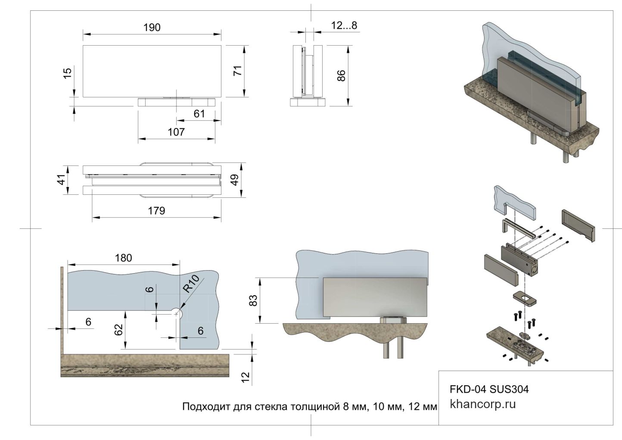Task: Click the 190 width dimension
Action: pyautogui.click(x=152, y=28)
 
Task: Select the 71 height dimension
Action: pyautogui.click(x=238, y=70)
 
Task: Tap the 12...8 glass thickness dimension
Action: pyautogui.click(x=344, y=25)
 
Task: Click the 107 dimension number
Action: pyautogui.click(x=176, y=132)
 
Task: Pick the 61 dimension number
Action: pyautogui.click(x=199, y=114)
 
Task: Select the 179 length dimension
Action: pyautogui.click(x=156, y=211)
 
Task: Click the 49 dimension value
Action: pyautogui.click(x=235, y=180)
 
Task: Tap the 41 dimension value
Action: pyautogui.click(x=63, y=179)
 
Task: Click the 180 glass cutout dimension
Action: pyautogui.click(x=123, y=258)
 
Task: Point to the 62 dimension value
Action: pyautogui.click(x=119, y=329)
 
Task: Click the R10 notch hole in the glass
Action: pyautogui.click(x=177, y=314)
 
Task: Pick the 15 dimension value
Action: pyautogui.click(x=67, y=73)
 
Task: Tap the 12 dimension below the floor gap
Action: pyautogui.click(x=246, y=377)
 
